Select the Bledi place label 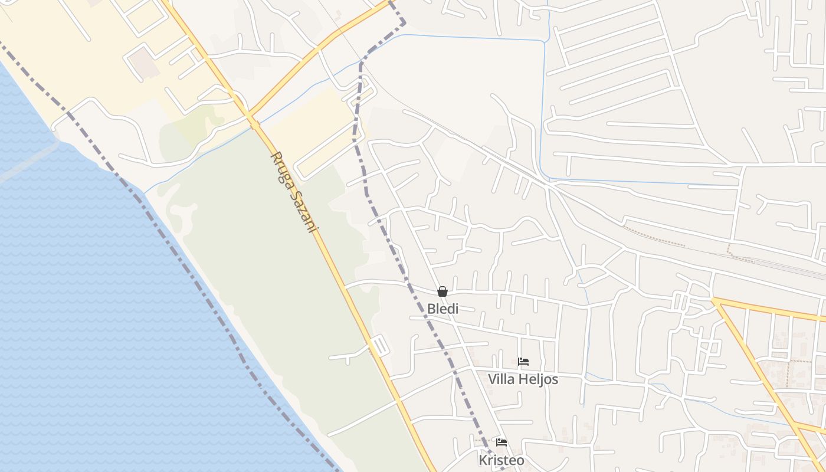442,308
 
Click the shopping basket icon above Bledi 442,291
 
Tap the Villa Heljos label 523,379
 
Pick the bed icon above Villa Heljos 523,362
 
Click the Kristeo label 501,460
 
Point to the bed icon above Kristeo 501,442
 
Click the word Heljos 539,379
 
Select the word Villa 501,379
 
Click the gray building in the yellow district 144,63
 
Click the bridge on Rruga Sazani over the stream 255,123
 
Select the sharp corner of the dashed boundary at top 404,22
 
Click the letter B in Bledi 431,308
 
